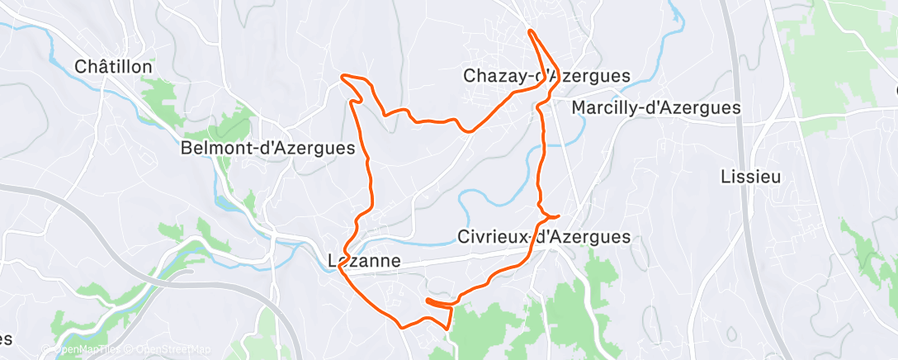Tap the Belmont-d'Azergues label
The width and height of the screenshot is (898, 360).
click(x=268, y=149)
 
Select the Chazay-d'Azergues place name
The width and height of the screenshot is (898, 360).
click(x=546, y=76)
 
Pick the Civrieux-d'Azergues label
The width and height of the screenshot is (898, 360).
click(x=543, y=237)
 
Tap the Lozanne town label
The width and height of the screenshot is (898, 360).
click(x=364, y=261)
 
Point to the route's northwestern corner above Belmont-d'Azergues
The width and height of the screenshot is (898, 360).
click(x=343, y=78)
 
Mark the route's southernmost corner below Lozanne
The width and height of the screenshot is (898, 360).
click(x=403, y=327)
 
